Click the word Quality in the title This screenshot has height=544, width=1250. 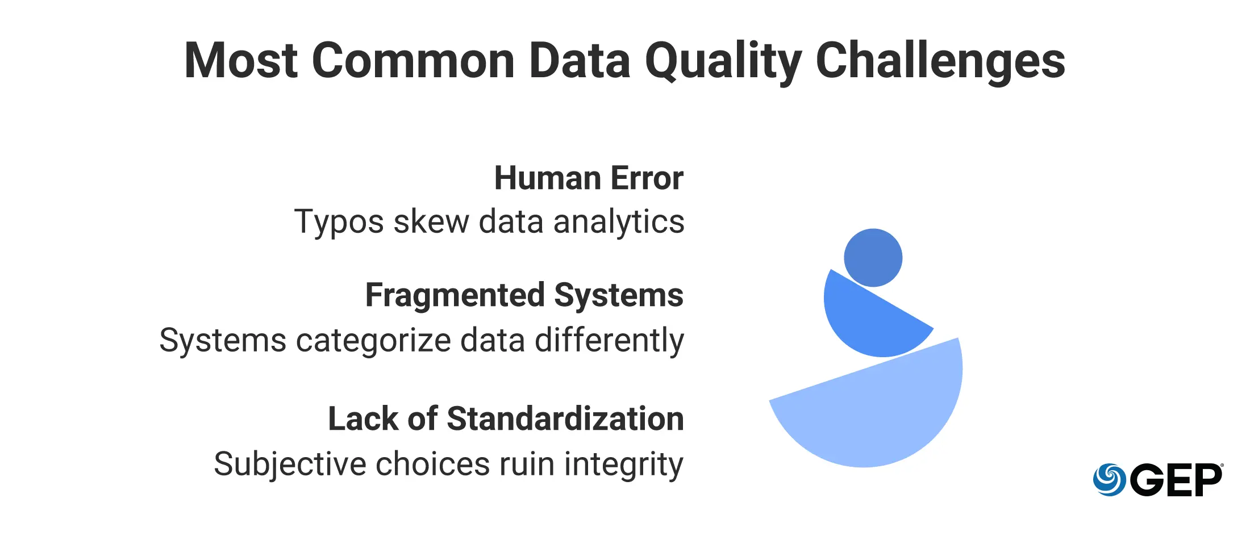[x=723, y=61]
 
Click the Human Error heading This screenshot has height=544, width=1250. [x=589, y=178]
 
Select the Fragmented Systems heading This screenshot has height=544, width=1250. [x=524, y=295]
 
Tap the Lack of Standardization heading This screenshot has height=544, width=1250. [x=506, y=419]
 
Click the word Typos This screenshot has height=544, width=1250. [x=339, y=222]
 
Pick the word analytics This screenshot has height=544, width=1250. [x=619, y=222]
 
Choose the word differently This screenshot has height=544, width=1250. [x=609, y=341]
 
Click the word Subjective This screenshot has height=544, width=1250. [x=290, y=465]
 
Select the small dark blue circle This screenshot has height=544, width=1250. [x=873, y=258]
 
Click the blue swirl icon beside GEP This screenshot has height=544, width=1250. [x=1109, y=480]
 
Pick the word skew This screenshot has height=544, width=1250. [x=431, y=221]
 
